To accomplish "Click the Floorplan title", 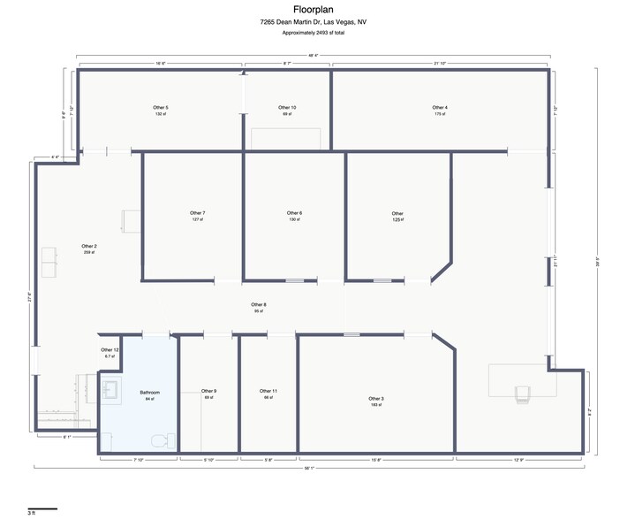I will [x=310, y=10].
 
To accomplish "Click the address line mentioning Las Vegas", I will [x=310, y=22].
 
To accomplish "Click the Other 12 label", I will [x=110, y=351].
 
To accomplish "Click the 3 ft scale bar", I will [x=42, y=508].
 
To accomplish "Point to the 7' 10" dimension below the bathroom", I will [x=139, y=460].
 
